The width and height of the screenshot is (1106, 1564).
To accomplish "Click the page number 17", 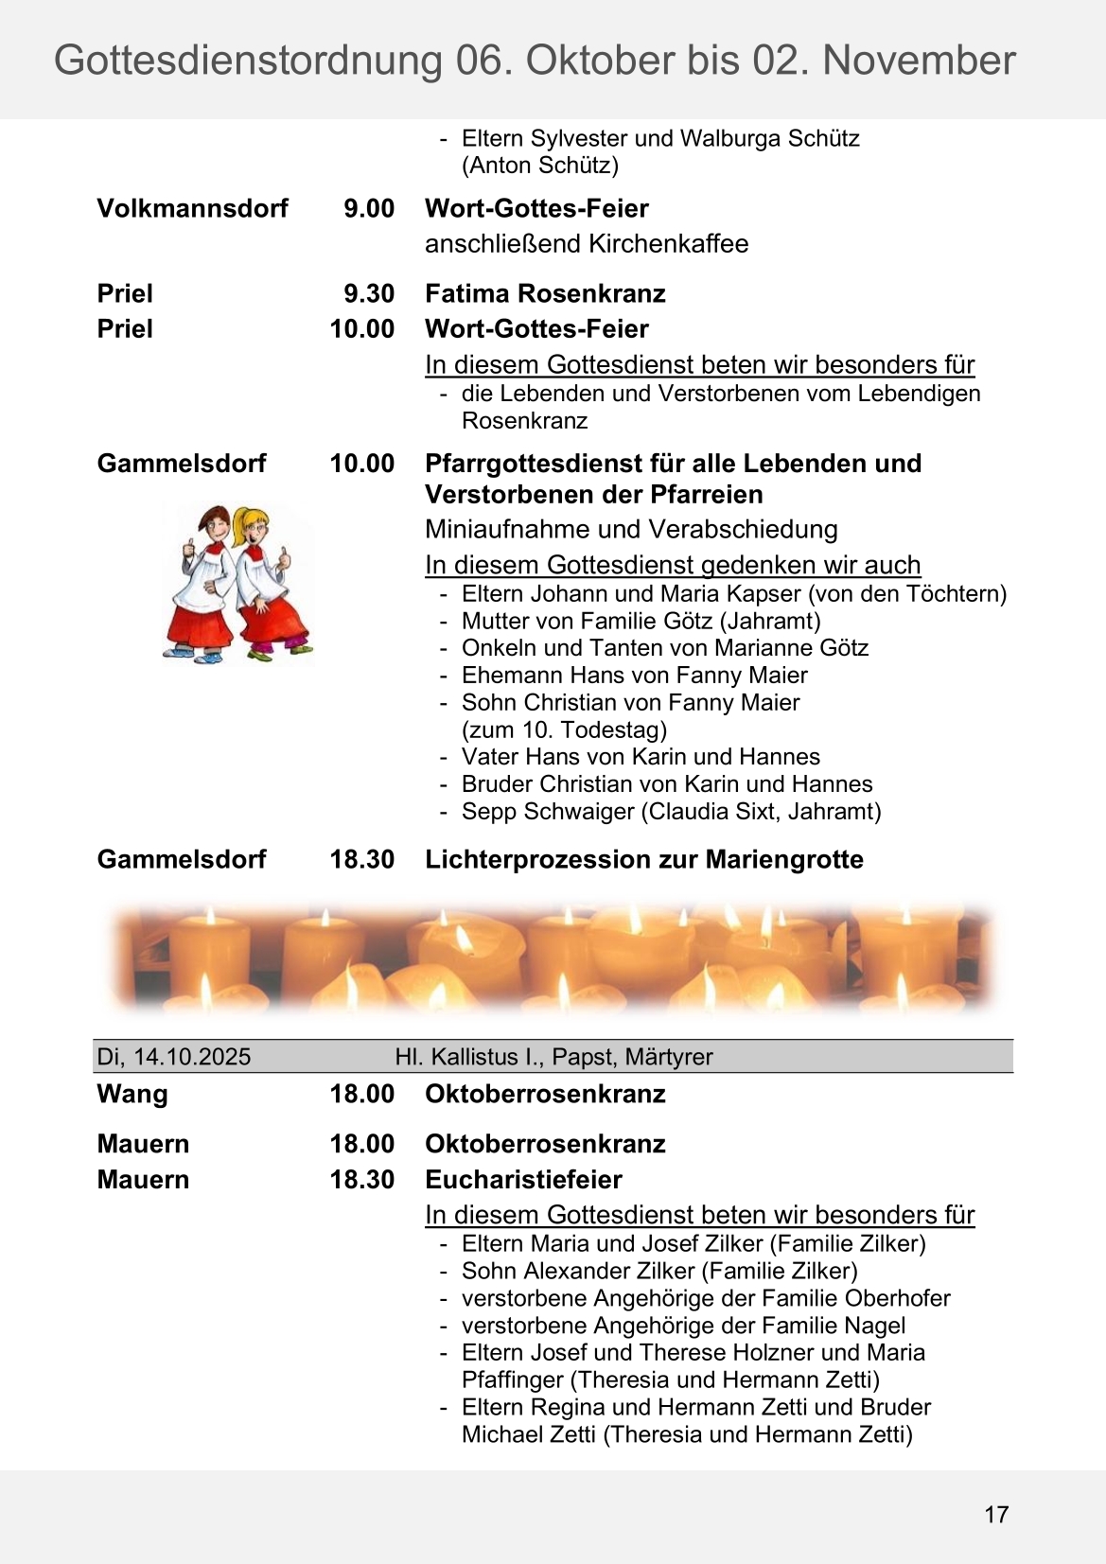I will [x=996, y=1514].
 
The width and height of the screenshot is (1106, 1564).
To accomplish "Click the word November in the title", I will [x=919, y=61].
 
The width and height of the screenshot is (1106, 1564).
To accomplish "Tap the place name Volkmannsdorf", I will [x=192, y=208].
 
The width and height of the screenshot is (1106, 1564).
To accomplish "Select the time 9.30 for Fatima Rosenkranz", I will [x=368, y=293].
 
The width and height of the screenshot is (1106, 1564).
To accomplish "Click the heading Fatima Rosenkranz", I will [x=545, y=293].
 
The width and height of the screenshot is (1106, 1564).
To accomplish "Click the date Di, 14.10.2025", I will [x=174, y=1057].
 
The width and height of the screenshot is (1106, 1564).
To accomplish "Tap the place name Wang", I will [x=132, y=1094].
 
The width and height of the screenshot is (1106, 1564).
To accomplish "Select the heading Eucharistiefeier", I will [x=523, y=1180].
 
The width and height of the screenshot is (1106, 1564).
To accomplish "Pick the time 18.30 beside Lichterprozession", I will [x=361, y=859].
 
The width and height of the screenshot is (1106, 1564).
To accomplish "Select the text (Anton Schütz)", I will [x=539, y=166].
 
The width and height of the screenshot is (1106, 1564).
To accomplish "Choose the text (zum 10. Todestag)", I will [x=564, y=730].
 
